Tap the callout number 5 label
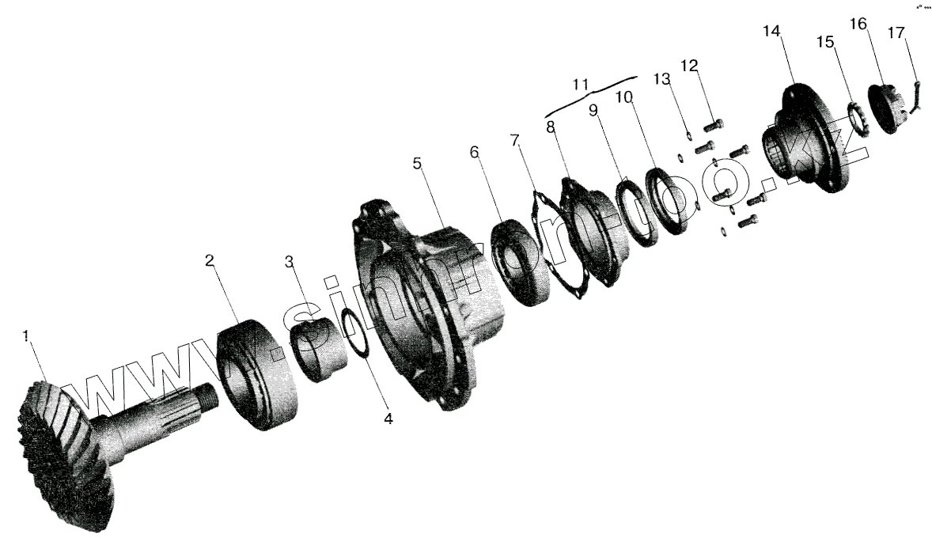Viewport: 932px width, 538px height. point(418,164)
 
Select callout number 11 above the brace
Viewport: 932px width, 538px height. point(582,85)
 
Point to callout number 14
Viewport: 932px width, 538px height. point(771,32)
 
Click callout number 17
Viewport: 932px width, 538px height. point(896,33)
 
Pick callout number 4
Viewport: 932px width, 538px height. point(388,419)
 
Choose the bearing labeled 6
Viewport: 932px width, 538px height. point(521,261)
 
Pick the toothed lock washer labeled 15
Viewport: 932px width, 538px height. point(860,119)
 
